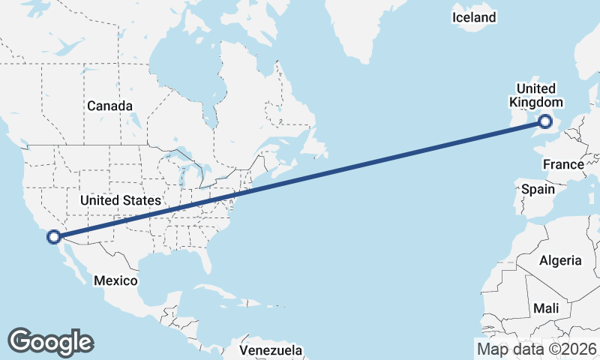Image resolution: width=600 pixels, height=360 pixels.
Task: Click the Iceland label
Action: coord(474,16)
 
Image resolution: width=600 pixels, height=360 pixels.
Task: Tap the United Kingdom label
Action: coord(535,95)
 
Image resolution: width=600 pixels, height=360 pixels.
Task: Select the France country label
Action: coord(563,164)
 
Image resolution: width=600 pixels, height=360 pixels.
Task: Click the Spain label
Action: coord(538,189)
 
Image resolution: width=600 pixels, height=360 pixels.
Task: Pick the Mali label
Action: coord(546,308)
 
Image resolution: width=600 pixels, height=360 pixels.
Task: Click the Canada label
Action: coord(109,106)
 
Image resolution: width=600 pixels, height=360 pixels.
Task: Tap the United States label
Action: coord(121,200)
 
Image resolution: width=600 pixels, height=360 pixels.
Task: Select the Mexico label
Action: coord(115,280)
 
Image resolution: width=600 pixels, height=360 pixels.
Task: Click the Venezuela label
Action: coord(271,350)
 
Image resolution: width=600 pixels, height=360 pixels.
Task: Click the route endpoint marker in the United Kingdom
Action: coord(545,121)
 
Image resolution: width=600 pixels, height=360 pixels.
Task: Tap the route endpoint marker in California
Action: coord(53,237)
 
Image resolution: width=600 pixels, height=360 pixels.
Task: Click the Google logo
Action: coord(50,341)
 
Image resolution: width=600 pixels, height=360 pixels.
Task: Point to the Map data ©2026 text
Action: coord(537,349)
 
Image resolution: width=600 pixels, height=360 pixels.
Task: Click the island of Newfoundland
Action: coord(315,146)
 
